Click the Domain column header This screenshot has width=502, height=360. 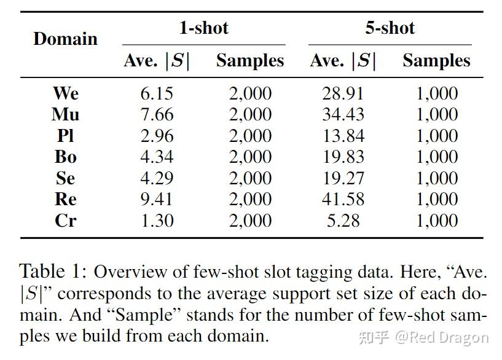(x=65, y=39)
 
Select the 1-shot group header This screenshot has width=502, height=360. (x=203, y=28)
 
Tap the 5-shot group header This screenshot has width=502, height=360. (x=390, y=28)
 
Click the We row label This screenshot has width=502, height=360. (x=65, y=93)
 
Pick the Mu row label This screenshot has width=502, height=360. (x=65, y=114)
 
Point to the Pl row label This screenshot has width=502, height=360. (x=65, y=136)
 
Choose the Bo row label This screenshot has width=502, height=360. (x=65, y=157)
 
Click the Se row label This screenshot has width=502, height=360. (x=65, y=178)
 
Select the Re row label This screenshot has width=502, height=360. (x=65, y=199)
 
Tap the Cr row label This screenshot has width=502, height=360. (x=65, y=221)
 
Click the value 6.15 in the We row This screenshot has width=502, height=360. (x=157, y=93)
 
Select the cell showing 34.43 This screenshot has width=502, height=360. (x=343, y=114)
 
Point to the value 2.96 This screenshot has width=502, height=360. (x=157, y=136)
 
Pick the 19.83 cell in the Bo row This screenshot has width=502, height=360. (x=343, y=157)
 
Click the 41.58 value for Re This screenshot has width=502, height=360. (x=343, y=199)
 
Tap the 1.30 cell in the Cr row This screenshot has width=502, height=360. (x=157, y=221)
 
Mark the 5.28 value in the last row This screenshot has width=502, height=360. (x=343, y=221)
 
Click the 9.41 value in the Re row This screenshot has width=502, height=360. (x=157, y=199)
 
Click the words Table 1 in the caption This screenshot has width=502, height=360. (x=53, y=271)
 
